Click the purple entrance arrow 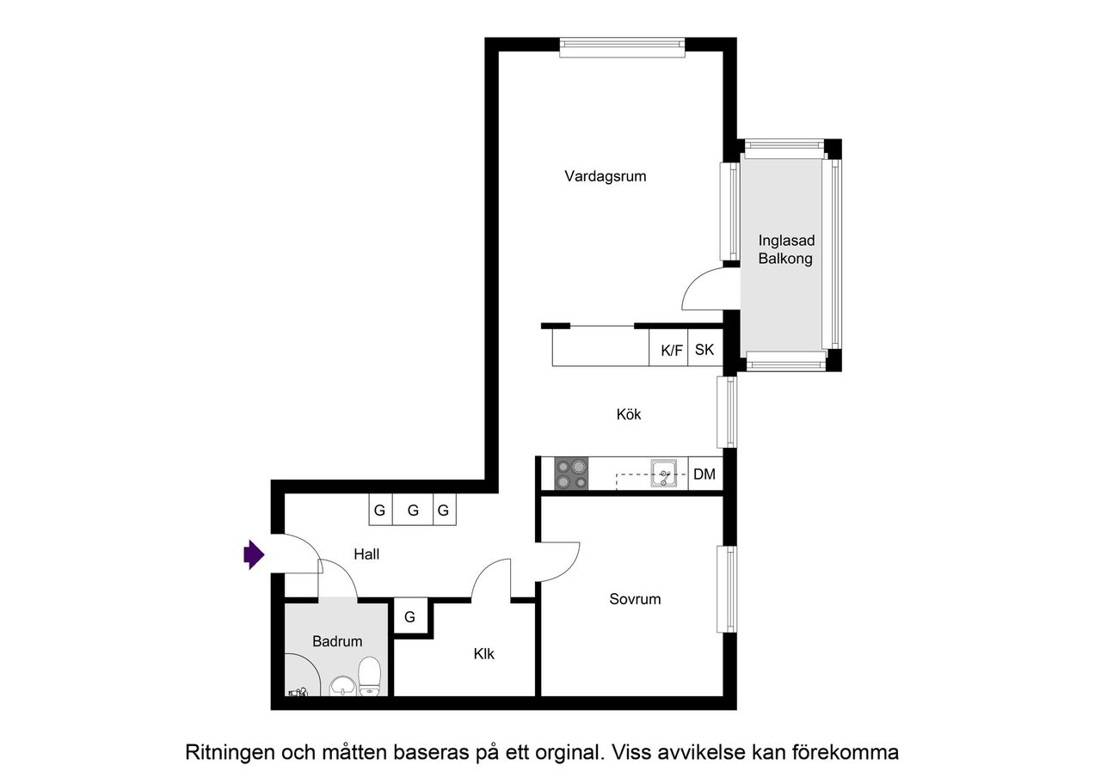[x=253, y=554]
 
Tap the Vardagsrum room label [x=605, y=176]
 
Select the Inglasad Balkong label [x=785, y=249]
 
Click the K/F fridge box [x=671, y=350]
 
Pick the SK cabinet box [x=704, y=350]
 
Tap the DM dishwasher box [x=704, y=474]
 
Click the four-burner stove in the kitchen [x=571, y=474]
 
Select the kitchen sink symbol [x=664, y=473]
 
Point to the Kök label [x=629, y=414]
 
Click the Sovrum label [x=635, y=599]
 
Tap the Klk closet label [x=483, y=654]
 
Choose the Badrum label [x=337, y=641]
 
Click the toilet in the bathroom [x=369, y=676]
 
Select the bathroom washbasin [x=343, y=685]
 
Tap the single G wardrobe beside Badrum [x=410, y=617]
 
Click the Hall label [x=366, y=554]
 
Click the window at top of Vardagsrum [x=622, y=47]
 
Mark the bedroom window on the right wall [x=728, y=589]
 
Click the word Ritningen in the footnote [x=230, y=753]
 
